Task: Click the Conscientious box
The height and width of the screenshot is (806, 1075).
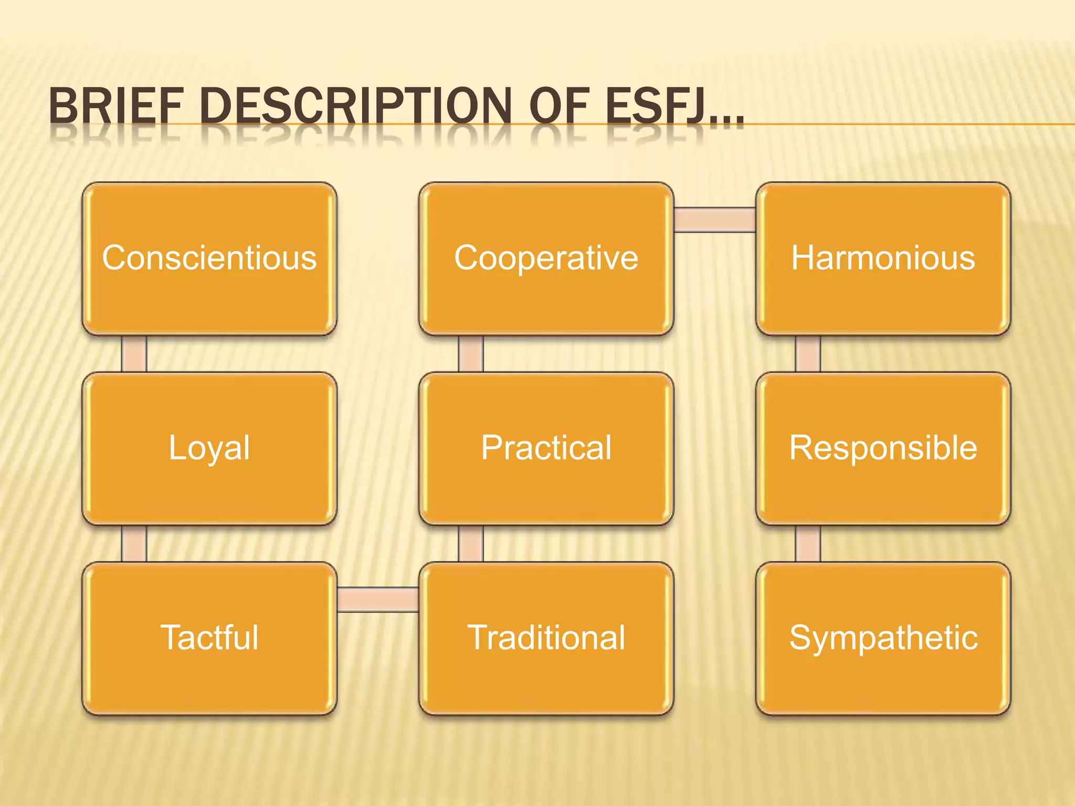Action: (x=209, y=258)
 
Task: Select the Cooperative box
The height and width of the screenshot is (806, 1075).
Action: (x=546, y=258)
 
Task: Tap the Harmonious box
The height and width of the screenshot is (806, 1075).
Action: (x=883, y=258)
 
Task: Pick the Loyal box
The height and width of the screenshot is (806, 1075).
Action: (x=209, y=448)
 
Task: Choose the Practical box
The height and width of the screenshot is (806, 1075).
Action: (x=546, y=448)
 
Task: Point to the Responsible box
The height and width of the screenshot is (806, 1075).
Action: (x=883, y=448)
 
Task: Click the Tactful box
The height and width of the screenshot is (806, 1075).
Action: (x=209, y=638)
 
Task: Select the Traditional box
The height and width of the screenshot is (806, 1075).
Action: (x=546, y=638)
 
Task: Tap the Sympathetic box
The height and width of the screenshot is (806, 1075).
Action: (x=883, y=638)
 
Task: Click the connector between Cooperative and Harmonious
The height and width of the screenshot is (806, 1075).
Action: (x=714, y=219)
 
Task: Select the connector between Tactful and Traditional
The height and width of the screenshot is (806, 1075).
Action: (x=377, y=599)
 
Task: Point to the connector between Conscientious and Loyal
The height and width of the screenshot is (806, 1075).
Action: (x=134, y=354)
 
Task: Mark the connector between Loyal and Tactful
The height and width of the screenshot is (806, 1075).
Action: (x=134, y=544)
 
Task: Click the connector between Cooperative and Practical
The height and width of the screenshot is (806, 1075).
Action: (x=471, y=354)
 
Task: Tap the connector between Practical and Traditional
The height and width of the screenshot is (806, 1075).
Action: (x=471, y=544)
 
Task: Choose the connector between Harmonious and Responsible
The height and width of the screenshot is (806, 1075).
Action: (x=808, y=354)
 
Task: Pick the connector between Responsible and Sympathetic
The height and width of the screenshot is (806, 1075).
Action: (x=808, y=544)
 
